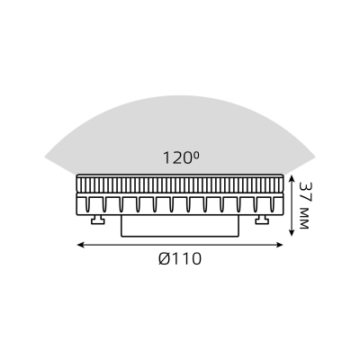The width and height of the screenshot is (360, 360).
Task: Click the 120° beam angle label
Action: click(181, 157)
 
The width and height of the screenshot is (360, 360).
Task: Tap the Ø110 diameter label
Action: click(180, 258)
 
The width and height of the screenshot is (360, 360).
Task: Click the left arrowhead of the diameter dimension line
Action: click(80, 245)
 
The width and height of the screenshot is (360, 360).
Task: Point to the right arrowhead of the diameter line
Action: click(280, 245)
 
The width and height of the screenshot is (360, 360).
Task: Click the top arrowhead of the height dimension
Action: click(292, 178)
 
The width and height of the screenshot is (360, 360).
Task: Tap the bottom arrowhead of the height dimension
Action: click(292, 232)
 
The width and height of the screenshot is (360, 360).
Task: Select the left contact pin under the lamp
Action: click(97, 220)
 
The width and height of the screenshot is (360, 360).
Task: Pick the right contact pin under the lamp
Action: click(262, 220)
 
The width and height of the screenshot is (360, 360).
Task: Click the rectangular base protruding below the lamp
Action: click(180, 226)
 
